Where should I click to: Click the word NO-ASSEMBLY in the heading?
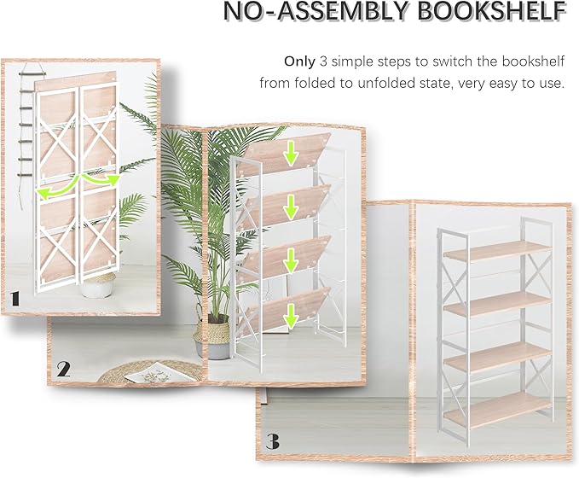point(295,12)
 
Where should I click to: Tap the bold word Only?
point(299,61)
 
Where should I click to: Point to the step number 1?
point(15,299)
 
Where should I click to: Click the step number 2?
point(63,370)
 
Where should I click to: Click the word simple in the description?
point(356,61)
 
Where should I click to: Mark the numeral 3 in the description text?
point(323,61)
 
